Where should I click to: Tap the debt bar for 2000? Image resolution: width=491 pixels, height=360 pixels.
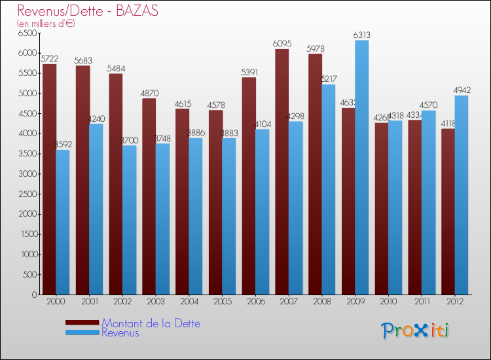[49, 179]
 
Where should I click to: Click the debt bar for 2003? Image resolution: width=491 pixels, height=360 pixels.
[149, 196]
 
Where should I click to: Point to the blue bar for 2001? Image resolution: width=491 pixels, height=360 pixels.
[96, 209]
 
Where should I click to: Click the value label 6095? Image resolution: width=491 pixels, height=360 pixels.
[282, 44]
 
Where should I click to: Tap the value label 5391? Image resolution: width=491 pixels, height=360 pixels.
[249, 73]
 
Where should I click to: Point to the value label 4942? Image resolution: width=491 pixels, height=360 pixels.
[462, 91]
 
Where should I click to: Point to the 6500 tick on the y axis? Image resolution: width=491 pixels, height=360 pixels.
[28, 33]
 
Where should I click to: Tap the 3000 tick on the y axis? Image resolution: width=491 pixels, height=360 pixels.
[28, 174]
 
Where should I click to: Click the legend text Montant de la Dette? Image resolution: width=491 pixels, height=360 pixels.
[151, 323]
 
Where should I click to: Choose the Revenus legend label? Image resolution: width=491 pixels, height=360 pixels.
[120, 333]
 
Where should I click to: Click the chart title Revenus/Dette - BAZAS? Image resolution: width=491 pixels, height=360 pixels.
[88, 11]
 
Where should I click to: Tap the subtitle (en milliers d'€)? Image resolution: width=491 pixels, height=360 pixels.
[46, 24]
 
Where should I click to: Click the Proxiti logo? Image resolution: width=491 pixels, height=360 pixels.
[416, 330]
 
